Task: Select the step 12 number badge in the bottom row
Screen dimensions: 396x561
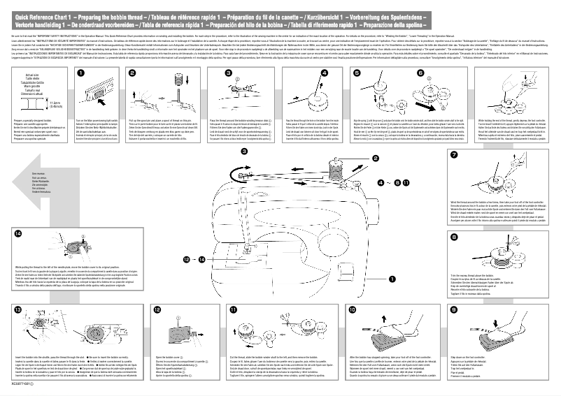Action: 159,309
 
